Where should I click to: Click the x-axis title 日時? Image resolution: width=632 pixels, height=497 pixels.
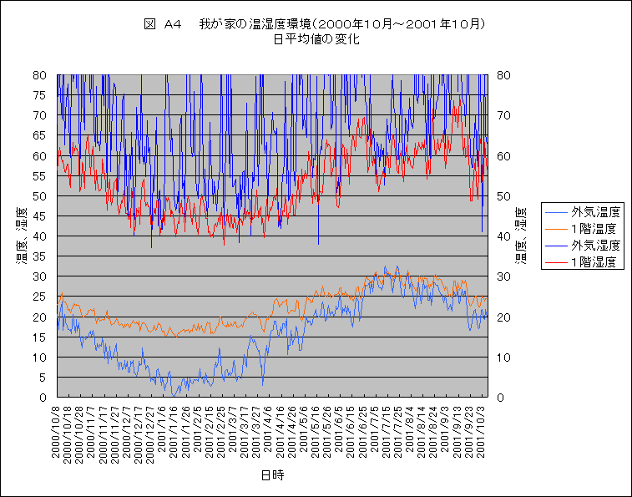tap(271, 475)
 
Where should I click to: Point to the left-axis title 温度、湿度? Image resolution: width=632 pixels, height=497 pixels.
tap(18, 236)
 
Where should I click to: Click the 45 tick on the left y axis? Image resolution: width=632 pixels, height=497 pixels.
tap(40, 216)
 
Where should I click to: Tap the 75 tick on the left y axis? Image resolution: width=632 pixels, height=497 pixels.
tap(40, 94)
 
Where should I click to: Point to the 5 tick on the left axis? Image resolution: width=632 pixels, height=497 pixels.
tap(43, 378)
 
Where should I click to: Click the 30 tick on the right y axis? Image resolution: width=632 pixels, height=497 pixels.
tap(503, 276)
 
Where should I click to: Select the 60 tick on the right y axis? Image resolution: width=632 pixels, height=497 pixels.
tap(503, 155)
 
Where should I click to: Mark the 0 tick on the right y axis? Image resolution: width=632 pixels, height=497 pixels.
tap(500, 398)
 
